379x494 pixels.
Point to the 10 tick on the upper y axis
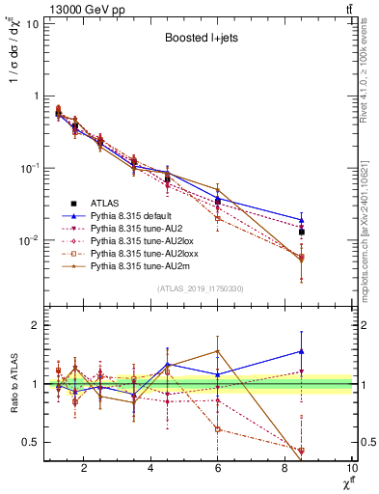coord(30,23)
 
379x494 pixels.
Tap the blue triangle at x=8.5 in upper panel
coord(302,220)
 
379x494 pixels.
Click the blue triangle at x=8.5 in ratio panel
coord(302,351)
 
